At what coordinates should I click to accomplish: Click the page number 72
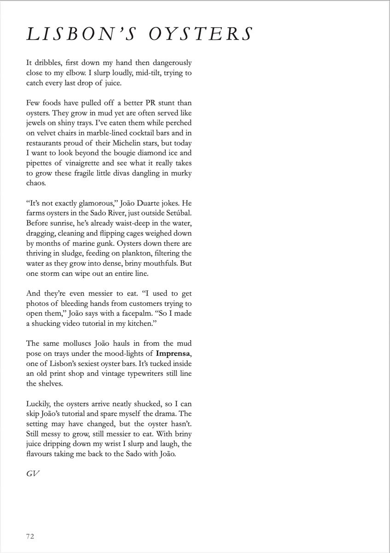[30, 536]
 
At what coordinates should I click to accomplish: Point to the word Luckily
[38, 404]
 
